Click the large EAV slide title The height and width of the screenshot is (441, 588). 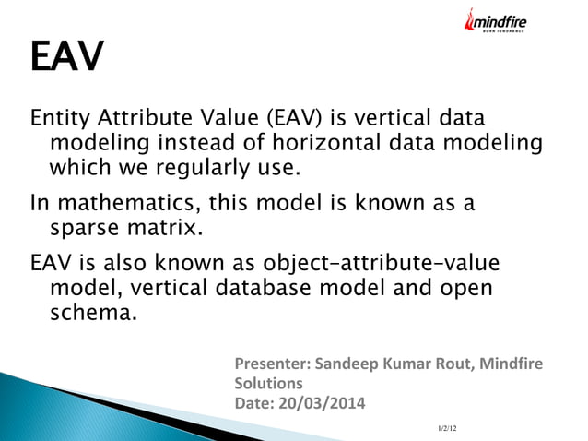pos(66,57)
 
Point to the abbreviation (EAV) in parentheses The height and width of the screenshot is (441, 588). pos(293,120)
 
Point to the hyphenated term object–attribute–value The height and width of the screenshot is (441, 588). pos(380,262)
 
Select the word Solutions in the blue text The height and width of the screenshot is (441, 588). pos(269,382)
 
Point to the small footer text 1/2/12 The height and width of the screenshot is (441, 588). pos(447,428)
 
